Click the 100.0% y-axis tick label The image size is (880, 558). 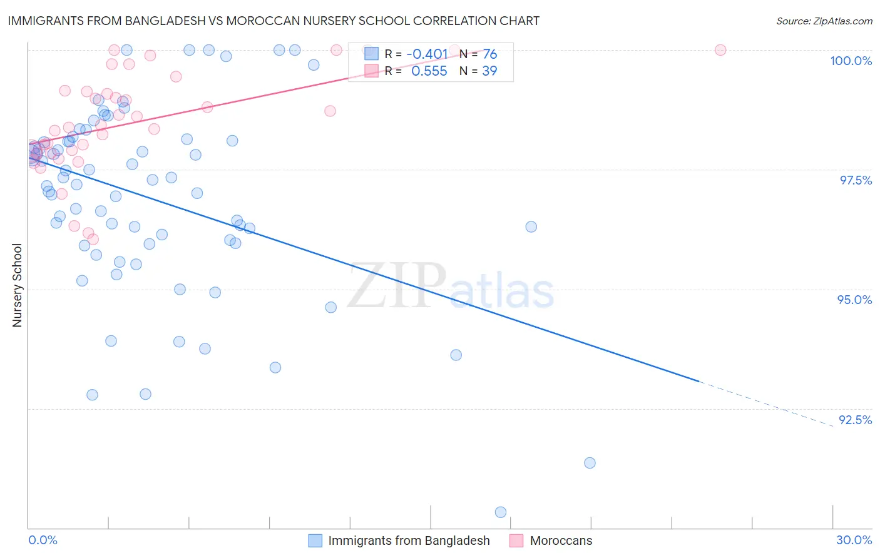[851, 61]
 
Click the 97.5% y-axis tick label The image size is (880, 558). [856, 180]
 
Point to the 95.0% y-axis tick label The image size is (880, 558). [854, 300]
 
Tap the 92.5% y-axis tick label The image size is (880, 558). [855, 420]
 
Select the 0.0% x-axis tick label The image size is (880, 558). [43, 540]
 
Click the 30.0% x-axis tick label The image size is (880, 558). [854, 540]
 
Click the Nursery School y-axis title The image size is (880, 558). [18, 285]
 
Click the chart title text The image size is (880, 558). [274, 21]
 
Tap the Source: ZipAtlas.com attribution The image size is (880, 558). [824, 21]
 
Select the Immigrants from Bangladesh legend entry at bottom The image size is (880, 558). [409, 540]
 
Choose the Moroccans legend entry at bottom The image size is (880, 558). [561, 540]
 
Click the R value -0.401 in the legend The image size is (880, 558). [427, 54]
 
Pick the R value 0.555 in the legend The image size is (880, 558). [429, 71]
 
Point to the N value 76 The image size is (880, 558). [489, 54]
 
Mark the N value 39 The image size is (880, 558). [489, 71]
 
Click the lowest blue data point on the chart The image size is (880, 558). [501, 512]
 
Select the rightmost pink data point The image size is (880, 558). [720, 50]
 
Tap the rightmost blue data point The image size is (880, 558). [590, 463]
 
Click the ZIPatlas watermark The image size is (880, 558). [451, 287]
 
